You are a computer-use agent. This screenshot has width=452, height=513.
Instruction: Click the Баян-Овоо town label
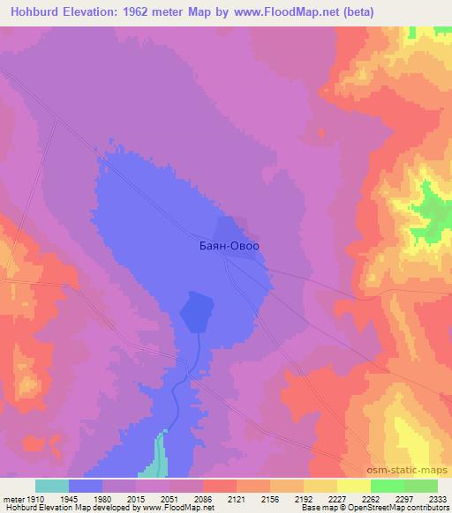[229, 248]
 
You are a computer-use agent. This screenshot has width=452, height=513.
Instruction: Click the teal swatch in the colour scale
[52, 486]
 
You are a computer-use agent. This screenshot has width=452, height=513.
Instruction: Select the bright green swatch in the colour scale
[388, 486]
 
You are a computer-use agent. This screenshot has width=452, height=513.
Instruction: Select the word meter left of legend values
[11, 498]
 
